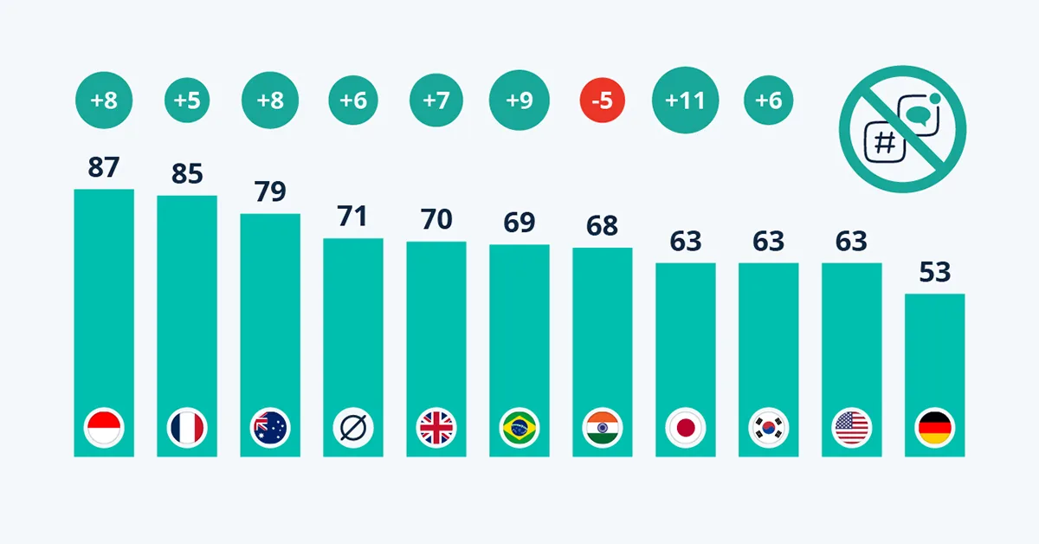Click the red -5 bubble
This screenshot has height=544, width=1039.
[602, 100]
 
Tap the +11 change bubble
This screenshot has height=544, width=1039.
[685, 100]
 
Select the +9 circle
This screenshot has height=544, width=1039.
[519, 100]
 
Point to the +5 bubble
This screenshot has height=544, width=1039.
[187, 100]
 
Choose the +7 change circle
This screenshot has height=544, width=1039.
[436, 100]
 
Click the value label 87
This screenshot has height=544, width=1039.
[104, 167]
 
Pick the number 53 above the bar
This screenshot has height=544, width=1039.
[935, 272]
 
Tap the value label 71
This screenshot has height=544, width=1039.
[353, 216]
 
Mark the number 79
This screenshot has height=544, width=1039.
[270, 191]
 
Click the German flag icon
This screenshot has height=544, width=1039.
[934, 427]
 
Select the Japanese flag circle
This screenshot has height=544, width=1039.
[685, 427]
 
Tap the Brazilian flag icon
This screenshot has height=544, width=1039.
[519, 427]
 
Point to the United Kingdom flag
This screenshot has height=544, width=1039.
[436, 427]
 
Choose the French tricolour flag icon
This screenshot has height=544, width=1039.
[187, 427]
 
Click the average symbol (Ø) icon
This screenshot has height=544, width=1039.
[353, 427]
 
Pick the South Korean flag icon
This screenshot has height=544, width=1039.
[768, 427]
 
